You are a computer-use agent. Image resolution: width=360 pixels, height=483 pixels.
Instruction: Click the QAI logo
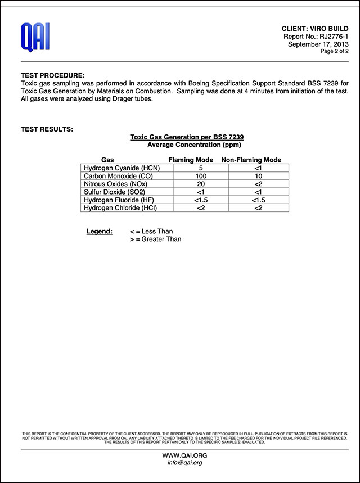[x=35, y=37]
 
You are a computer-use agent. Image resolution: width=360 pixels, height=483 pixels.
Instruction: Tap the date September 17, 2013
[x=318, y=44]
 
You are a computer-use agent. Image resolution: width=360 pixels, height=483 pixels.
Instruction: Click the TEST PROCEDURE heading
[x=53, y=75]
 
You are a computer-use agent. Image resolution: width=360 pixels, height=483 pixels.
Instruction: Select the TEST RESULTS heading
[x=47, y=129]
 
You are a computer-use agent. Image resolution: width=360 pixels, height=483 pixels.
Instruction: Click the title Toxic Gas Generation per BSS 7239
[x=187, y=137]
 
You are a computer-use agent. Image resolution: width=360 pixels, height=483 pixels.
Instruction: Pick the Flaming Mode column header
[x=191, y=160]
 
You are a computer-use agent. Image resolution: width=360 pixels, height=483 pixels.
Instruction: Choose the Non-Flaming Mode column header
[x=251, y=160]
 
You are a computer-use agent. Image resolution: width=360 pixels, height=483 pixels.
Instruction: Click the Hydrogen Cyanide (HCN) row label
[x=120, y=168]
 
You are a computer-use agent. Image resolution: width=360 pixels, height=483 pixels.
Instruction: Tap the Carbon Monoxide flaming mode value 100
[x=201, y=176]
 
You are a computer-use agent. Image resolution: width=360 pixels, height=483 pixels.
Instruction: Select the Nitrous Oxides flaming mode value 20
[x=201, y=184]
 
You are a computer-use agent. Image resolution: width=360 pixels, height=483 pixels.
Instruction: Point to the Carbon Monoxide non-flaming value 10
[x=258, y=176]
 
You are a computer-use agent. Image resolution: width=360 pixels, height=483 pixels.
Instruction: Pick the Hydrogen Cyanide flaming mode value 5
[x=201, y=168]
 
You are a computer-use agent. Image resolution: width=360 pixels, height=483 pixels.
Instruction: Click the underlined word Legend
[x=99, y=231]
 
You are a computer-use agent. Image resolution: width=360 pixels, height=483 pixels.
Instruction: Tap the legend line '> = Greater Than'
[x=155, y=239]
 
